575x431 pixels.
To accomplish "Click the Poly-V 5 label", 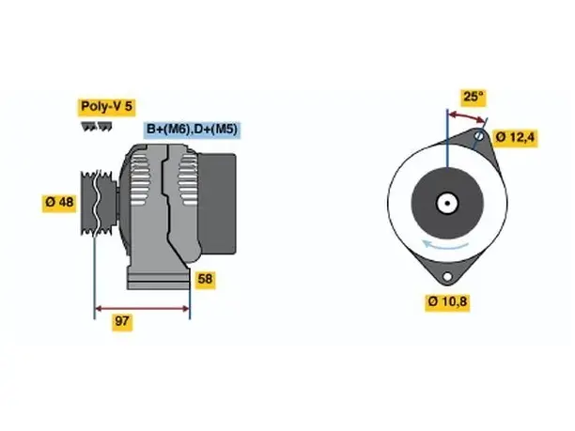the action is point(106,107).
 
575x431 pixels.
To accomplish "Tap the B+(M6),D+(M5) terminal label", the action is point(192,130).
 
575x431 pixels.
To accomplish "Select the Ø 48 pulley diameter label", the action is point(59,202).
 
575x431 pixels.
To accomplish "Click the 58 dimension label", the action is point(205,280).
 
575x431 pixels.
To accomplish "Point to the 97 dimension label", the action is point(122,321).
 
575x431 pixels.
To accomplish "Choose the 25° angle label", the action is point(474,97).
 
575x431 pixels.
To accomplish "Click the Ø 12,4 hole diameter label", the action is point(515,138).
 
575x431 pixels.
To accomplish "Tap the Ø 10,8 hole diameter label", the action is point(447,302).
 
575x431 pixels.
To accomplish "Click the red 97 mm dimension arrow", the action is point(142,308).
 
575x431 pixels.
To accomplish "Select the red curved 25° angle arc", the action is point(467,115).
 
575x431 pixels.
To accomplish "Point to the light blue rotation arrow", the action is point(444,245).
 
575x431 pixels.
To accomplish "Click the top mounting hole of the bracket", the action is point(479,135).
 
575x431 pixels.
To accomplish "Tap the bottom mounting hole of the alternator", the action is point(447,276).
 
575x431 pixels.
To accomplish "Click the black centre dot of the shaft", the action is point(447,204).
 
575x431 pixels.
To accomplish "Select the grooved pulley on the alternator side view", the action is point(98,202).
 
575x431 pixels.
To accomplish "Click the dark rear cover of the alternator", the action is point(217,204).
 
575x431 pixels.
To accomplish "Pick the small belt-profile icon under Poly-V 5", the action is point(97,127).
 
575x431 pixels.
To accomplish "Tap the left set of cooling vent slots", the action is point(140,178).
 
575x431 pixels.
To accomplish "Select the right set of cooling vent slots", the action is point(188,178).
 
